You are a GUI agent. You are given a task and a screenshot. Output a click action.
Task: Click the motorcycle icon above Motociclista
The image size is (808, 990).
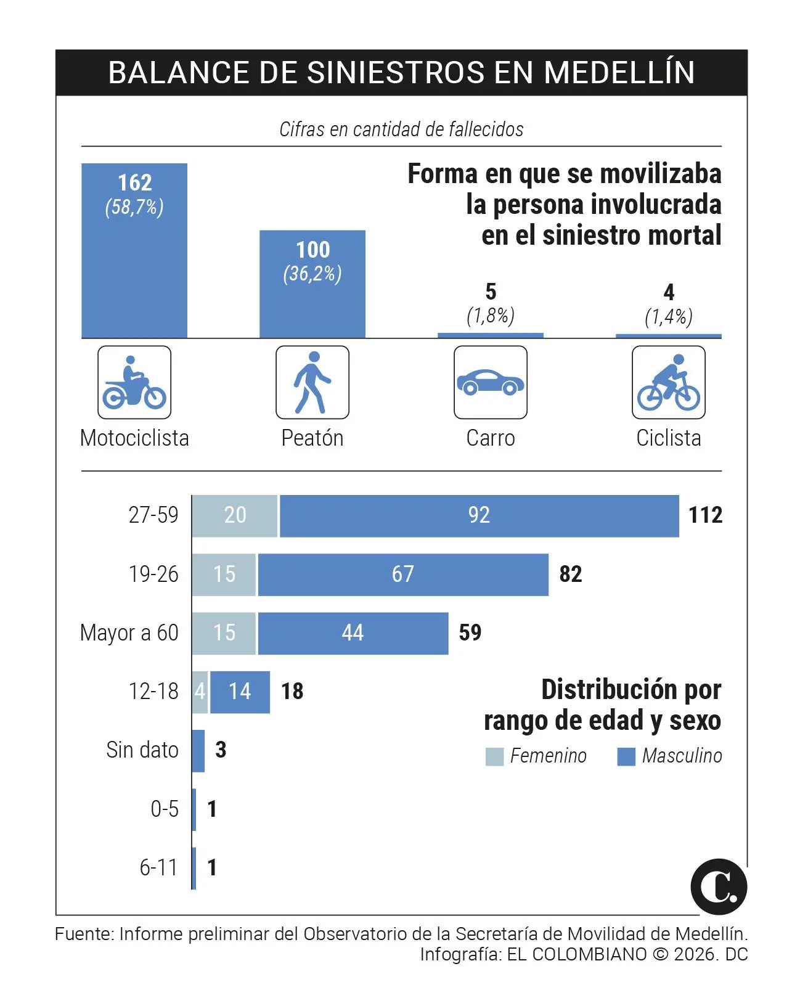click(x=134, y=382)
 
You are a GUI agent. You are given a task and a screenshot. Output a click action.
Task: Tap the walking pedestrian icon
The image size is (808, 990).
click(x=312, y=382)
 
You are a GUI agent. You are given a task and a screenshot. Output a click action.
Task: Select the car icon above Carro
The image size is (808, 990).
click(x=491, y=382)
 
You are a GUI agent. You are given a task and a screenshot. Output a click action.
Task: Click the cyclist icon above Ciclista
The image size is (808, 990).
click(x=669, y=382)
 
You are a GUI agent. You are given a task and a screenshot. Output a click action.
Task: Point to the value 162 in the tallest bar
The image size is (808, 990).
click(x=134, y=182)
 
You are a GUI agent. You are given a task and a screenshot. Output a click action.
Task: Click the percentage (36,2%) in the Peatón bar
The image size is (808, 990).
click(x=312, y=274)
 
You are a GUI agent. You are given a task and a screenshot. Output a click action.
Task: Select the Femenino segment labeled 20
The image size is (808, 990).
click(x=235, y=515)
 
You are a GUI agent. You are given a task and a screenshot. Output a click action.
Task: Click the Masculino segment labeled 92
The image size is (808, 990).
click(x=479, y=515)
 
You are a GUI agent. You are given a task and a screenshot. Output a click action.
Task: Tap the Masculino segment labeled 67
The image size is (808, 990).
click(x=402, y=575)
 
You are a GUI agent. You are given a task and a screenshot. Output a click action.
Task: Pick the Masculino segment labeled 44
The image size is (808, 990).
click(x=353, y=633)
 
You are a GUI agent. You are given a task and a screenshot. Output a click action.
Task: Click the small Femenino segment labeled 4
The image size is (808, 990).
click(x=200, y=692)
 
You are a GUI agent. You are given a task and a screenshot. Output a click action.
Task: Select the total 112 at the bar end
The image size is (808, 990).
click(x=705, y=515)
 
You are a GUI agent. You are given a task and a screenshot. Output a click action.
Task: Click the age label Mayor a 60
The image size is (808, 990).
click(x=129, y=633)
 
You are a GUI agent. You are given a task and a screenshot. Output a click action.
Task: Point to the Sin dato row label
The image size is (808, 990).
click(x=142, y=750)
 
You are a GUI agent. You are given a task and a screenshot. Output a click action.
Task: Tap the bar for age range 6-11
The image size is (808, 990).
click(x=194, y=868)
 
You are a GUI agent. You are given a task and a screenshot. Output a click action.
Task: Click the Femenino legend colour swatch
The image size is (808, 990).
click(x=494, y=756)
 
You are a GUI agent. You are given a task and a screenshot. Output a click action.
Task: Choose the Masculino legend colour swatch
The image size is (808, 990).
click(x=626, y=756)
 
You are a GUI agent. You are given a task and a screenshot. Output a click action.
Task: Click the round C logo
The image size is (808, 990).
click(x=719, y=886)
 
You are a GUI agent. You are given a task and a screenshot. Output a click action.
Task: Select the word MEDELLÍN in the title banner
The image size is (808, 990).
click(x=619, y=73)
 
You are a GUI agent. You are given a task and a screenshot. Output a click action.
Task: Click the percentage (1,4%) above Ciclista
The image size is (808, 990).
click(x=669, y=317)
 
